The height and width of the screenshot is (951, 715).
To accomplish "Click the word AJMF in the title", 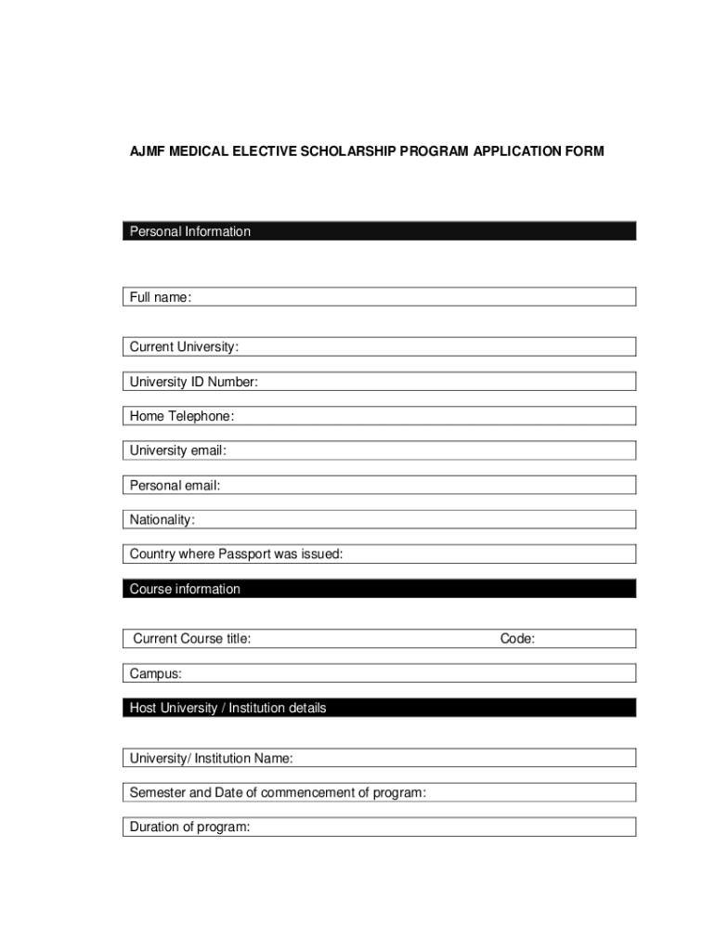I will point(147,150).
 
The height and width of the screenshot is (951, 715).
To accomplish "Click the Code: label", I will point(517,639).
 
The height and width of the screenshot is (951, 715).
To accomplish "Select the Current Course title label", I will point(192,639).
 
